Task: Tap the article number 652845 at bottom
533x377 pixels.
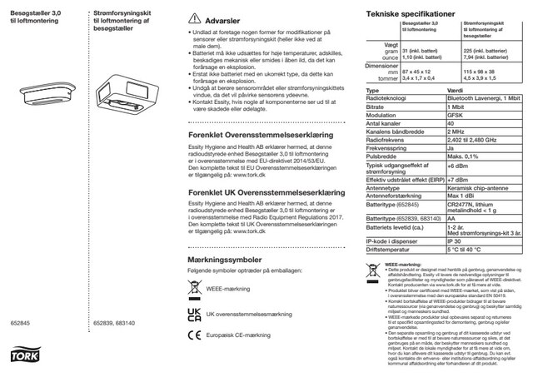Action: pos(19,321)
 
